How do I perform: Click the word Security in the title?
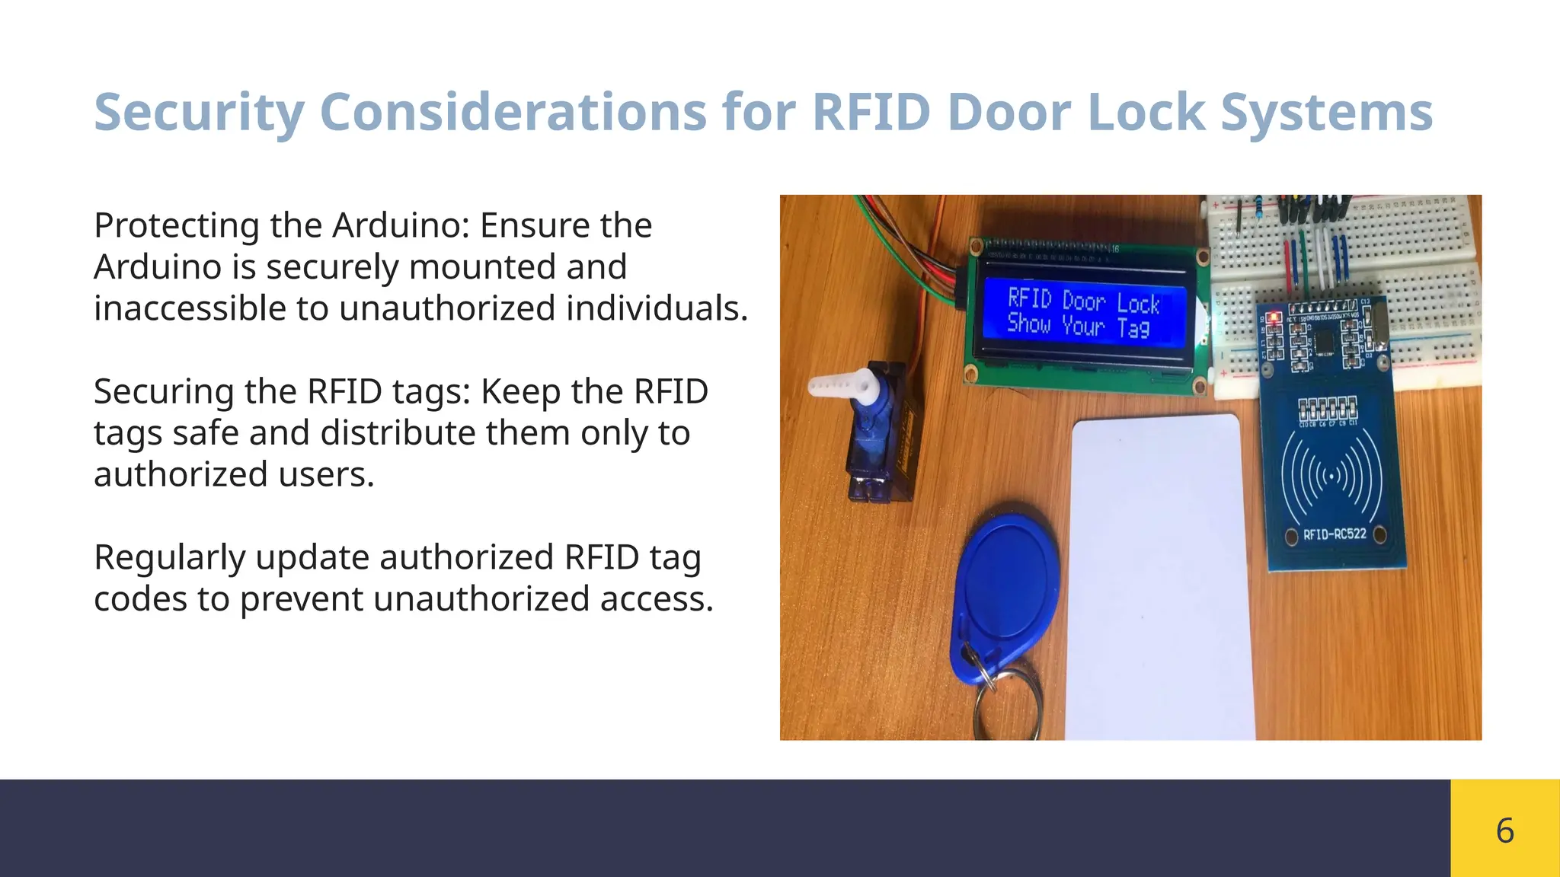[x=199, y=113]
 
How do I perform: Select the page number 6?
[x=1504, y=830]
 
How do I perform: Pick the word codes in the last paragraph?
[x=140, y=599]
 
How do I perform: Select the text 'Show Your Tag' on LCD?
[x=1078, y=327]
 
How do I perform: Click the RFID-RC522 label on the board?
[x=1335, y=534]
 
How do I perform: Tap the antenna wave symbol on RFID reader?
[x=1331, y=477]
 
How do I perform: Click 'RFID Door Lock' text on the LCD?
[x=1083, y=301]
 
